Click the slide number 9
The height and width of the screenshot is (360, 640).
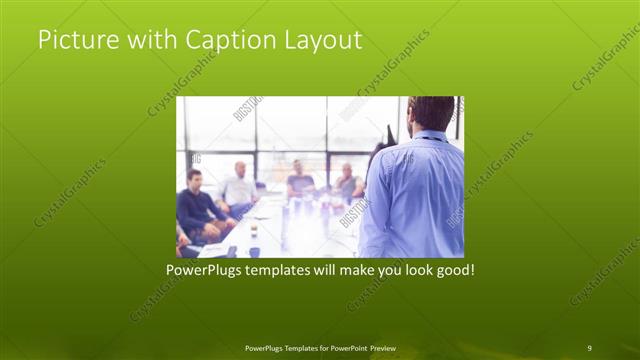[589, 347]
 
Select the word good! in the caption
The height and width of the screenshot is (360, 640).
[451, 270]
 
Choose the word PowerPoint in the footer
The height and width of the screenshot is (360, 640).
[340, 347]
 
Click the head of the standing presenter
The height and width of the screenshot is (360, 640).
[431, 112]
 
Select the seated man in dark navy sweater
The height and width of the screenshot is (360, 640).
[196, 205]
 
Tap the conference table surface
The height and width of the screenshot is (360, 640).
[290, 225]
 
